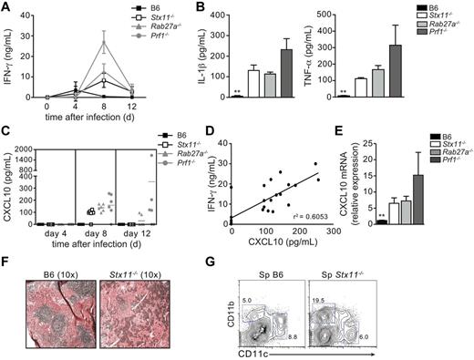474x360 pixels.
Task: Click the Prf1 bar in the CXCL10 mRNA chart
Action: [x=397, y=200]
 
